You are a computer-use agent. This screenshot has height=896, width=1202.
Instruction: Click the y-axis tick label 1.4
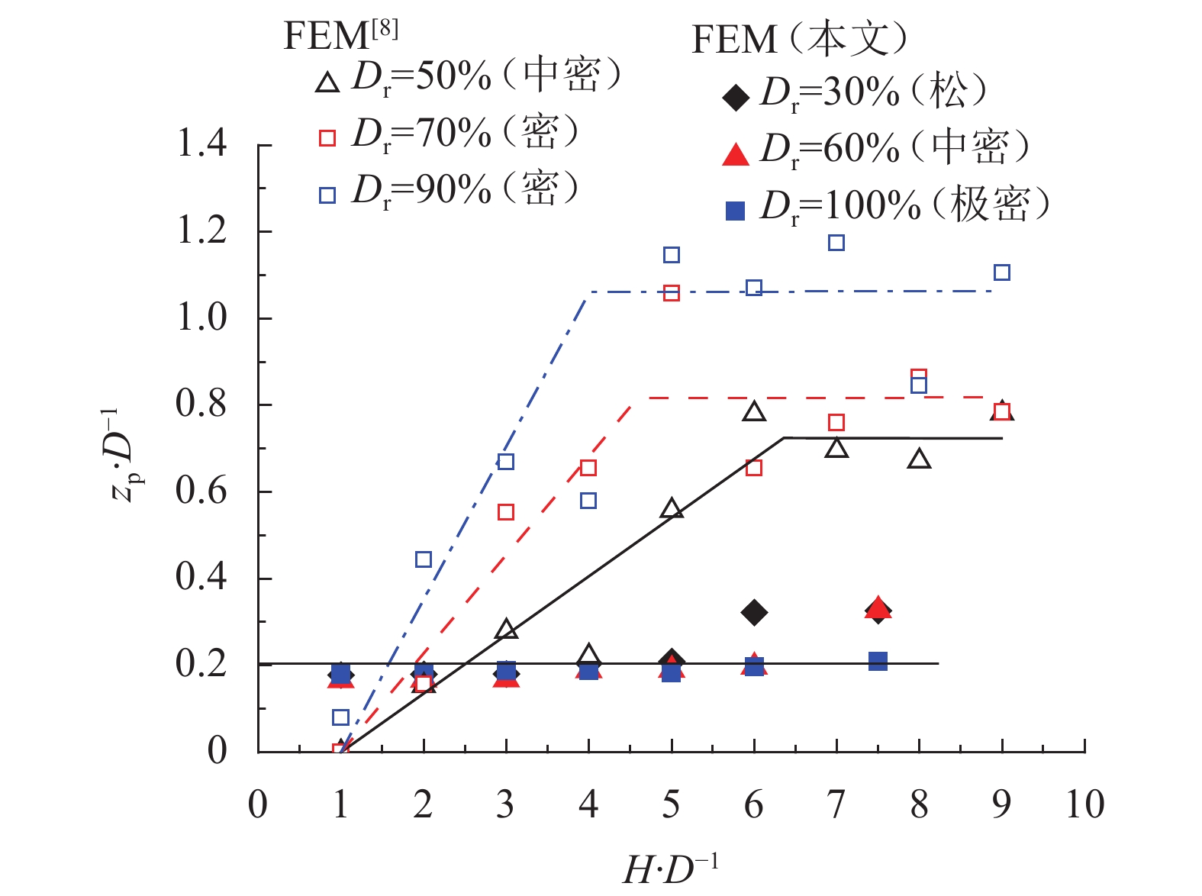pyautogui.click(x=201, y=143)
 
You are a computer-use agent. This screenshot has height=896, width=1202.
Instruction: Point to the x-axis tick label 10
pyautogui.click(x=1084, y=804)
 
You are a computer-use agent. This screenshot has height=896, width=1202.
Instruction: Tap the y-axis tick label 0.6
pyautogui.click(x=201, y=491)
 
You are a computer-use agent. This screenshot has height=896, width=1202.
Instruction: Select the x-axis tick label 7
pyautogui.click(x=836, y=804)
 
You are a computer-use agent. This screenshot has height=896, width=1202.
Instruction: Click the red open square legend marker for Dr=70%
pyautogui.click(x=327, y=138)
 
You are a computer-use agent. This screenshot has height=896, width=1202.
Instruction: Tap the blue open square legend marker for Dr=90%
pyautogui.click(x=327, y=195)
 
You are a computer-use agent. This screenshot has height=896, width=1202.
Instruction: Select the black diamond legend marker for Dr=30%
pyautogui.click(x=736, y=98)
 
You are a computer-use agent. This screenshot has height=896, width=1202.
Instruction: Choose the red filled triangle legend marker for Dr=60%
pyautogui.click(x=736, y=154)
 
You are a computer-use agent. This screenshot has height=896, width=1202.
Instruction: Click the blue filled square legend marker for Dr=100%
pyautogui.click(x=736, y=210)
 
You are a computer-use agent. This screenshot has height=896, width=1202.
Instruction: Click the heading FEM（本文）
pyautogui.click(x=800, y=40)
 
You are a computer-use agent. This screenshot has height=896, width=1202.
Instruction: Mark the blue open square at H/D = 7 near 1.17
pyautogui.click(x=836, y=243)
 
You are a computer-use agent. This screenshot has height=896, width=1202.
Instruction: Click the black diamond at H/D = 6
pyautogui.click(x=754, y=612)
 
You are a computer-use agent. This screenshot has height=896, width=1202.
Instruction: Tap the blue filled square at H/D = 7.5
pyautogui.click(x=878, y=661)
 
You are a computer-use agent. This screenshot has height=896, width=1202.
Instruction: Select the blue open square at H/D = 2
pyautogui.click(x=424, y=559)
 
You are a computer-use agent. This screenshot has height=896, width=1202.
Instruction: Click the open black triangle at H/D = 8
pyautogui.click(x=920, y=459)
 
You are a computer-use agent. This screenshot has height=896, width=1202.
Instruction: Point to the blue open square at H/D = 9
pyautogui.click(x=1002, y=272)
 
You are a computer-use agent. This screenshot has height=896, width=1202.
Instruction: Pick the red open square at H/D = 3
pyautogui.click(x=506, y=512)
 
